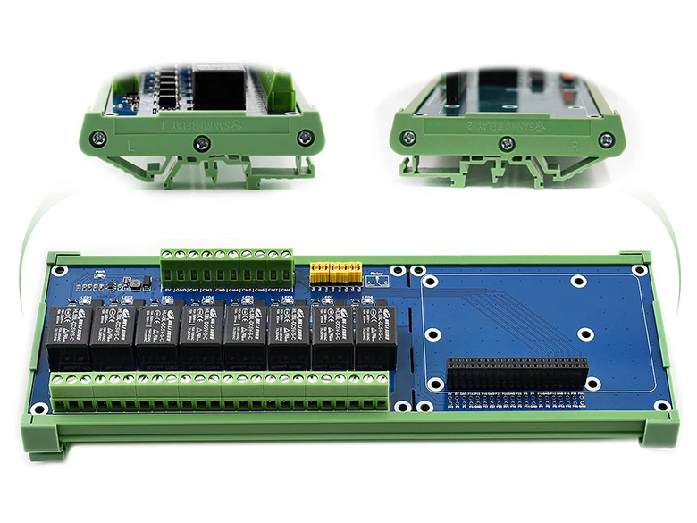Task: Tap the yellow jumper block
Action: (335, 273)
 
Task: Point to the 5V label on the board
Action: (167, 290)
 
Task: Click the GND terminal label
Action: (181, 290)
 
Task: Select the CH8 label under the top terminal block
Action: (287, 290)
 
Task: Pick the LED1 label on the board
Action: (88, 298)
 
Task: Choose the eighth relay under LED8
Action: (375, 337)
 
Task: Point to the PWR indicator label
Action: (100, 274)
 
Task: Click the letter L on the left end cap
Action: (133, 143)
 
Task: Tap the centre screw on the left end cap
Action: (203, 141)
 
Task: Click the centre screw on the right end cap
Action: (508, 143)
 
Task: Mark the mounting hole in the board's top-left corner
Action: (59, 270)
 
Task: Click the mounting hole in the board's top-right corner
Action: (640, 269)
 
